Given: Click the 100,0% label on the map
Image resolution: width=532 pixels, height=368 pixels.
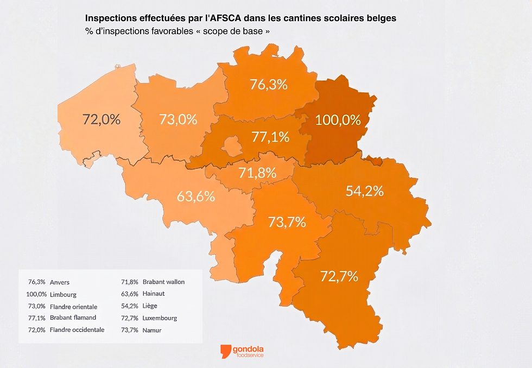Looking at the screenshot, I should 338,120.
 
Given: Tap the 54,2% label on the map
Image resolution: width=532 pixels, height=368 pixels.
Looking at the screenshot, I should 365,191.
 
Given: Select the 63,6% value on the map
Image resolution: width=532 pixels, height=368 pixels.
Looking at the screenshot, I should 196,196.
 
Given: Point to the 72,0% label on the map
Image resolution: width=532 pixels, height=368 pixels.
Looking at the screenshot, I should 102,119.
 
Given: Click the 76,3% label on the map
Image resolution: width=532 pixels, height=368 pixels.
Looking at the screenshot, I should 268,84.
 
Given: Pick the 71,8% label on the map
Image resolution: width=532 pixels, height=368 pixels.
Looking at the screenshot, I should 258,173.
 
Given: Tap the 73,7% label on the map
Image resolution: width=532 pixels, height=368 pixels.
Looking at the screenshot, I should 287,221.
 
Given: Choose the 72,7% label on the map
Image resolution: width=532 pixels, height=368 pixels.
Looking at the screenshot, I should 339,276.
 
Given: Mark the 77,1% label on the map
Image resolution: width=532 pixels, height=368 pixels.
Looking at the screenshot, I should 270,137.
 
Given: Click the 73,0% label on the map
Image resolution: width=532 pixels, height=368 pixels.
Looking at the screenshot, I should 178,119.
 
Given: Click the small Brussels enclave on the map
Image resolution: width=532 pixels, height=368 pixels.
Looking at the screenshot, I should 233,145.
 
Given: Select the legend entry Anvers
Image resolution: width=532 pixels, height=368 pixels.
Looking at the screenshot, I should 60,282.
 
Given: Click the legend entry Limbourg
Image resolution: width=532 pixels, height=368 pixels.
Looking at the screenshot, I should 63,295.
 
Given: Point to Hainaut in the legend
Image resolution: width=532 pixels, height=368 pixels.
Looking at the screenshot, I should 154,294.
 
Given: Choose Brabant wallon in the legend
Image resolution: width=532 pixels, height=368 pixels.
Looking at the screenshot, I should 163,282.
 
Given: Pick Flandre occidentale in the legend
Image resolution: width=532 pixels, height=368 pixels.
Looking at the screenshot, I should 77,329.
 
